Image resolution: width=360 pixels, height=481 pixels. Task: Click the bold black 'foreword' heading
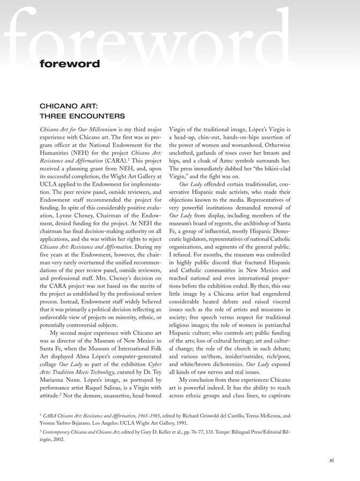click(x=69, y=64)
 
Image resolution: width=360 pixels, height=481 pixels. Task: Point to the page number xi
click(x=332, y=460)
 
